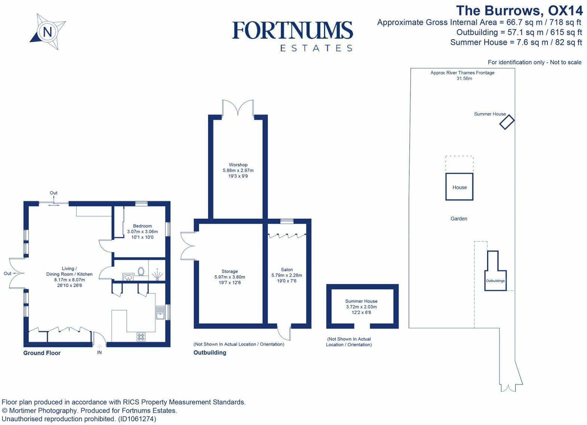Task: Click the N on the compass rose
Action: (47, 32)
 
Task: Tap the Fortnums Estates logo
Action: (293, 36)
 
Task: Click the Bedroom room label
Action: (142, 226)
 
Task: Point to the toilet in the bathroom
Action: (141, 271)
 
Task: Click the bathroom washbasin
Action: (128, 277)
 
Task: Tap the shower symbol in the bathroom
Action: (157, 274)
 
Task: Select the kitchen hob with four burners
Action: (141, 337)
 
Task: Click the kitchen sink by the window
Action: (160, 312)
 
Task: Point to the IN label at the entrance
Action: (99, 353)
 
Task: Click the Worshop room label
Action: (238, 165)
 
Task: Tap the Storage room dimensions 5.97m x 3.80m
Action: (230, 277)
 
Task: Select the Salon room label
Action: (287, 270)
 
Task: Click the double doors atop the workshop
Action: (238, 108)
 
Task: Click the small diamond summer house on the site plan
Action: (507, 122)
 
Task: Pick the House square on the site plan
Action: (460, 187)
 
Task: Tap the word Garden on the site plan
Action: (459, 219)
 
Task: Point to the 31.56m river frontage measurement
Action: (464, 78)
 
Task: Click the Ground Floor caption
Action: (42, 353)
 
